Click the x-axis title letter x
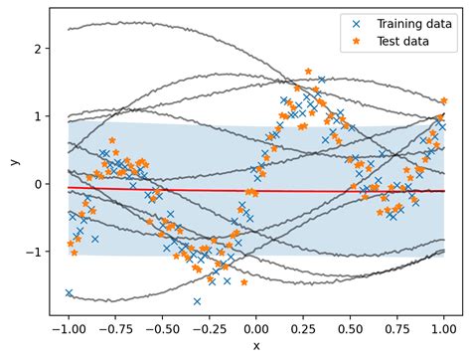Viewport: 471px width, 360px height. pyautogui.click(x=256, y=345)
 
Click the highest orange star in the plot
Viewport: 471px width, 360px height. pyautogui.click(x=308, y=72)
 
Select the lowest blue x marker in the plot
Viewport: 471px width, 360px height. pyautogui.click(x=198, y=300)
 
